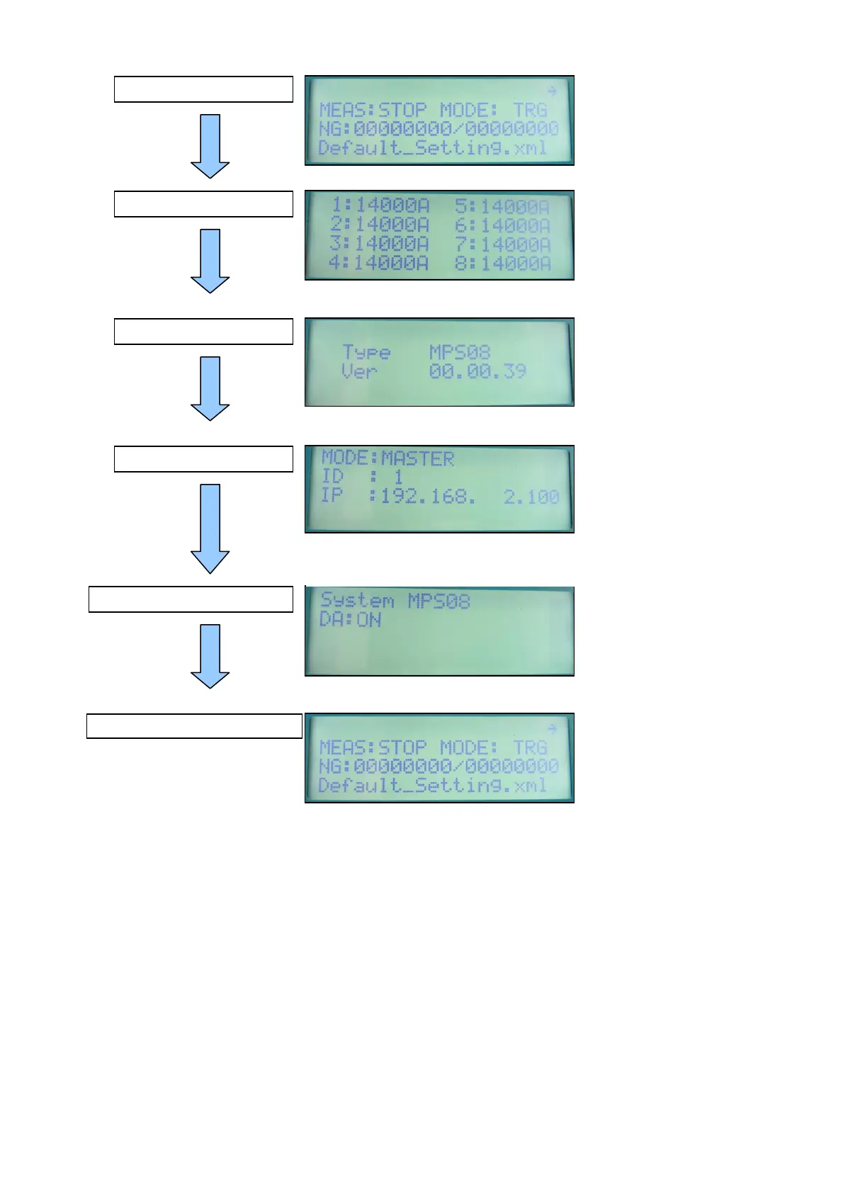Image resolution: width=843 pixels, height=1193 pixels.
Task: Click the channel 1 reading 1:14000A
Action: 380,205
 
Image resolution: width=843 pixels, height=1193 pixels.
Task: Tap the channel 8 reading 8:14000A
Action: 503,264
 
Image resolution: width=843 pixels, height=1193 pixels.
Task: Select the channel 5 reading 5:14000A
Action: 502,206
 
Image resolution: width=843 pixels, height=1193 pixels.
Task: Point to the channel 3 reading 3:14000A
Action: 379,244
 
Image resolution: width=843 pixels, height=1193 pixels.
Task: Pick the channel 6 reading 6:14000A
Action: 503,225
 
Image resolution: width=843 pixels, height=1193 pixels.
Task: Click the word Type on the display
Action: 366,352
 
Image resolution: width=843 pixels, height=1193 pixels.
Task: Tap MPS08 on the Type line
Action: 460,352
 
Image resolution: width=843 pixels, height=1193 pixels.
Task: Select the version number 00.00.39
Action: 477,371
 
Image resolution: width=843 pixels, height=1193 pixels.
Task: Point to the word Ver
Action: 359,371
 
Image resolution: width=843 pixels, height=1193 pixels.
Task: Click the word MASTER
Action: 417,459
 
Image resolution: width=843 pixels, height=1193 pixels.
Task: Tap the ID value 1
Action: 398,477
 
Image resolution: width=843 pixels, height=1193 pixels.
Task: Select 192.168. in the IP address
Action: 429,496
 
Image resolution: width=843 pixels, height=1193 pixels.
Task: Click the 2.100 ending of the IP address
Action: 531,496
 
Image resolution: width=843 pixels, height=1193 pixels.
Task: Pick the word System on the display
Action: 357,601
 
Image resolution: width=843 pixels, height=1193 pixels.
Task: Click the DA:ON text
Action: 351,620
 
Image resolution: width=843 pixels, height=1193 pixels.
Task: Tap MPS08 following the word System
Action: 439,601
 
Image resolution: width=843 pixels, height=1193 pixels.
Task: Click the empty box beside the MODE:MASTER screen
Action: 203,459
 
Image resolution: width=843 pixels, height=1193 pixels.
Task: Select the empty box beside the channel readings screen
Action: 203,204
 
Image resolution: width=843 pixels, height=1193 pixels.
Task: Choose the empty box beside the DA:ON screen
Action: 191,599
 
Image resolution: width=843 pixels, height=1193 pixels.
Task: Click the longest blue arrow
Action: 210,528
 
